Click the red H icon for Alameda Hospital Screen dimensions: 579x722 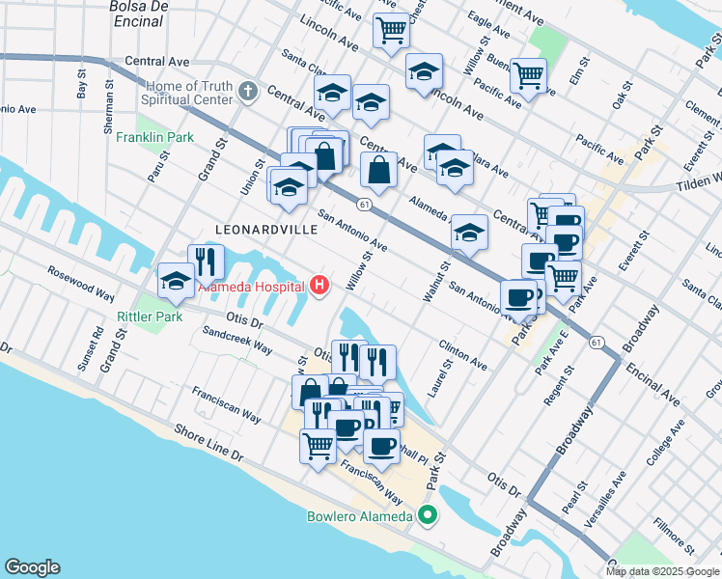(x=319, y=286)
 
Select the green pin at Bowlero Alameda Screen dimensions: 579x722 (x=427, y=516)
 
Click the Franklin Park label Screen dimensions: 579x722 (x=154, y=138)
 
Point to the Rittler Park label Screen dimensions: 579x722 (x=150, y=317)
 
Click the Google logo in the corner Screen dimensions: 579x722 (x=32, y=567)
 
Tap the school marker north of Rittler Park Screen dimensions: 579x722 (x=177, y=280)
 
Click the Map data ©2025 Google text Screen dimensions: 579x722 (x=662, y=571)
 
